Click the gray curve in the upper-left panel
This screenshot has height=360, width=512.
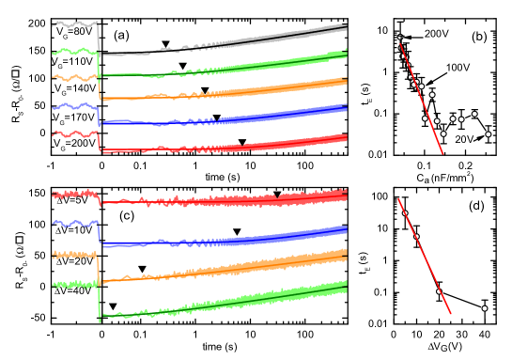tap(282, 37)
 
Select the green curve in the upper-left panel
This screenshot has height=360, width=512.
tap(282, 63)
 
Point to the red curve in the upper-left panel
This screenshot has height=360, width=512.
tap(282, 144)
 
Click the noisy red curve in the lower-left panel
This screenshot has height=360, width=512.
tap(282, 198)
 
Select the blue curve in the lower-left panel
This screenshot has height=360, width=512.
tap(282, 235)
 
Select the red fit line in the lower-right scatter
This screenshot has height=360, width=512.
tap(427, 263)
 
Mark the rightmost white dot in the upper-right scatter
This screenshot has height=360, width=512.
tap(488, 134)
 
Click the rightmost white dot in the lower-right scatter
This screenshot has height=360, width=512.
tap(485, 308)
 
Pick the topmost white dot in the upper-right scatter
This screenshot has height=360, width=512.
tap(400, 38)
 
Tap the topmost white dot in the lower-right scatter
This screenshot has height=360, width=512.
tap(405, 213)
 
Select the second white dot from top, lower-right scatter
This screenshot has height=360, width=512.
tap(417, 237)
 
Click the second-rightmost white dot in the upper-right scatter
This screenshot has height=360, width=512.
tap(474, 114)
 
